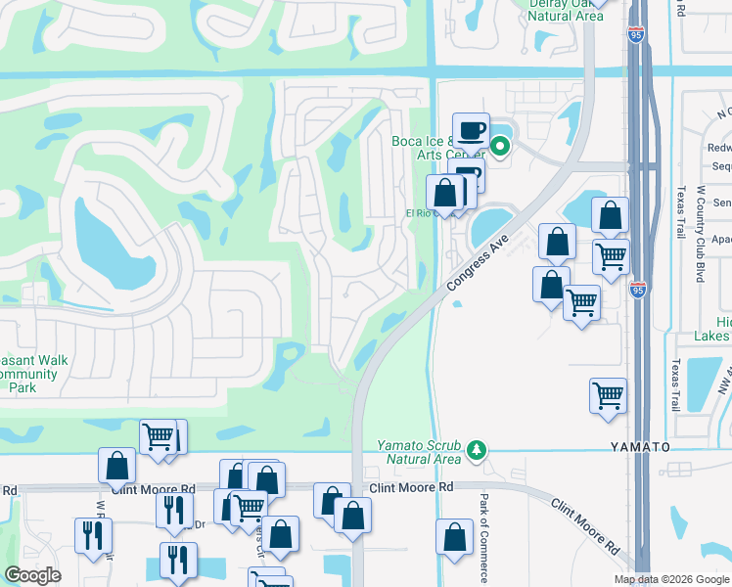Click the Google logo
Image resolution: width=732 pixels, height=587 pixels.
point(33,574)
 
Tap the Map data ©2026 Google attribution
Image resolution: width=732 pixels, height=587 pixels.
point(671,579)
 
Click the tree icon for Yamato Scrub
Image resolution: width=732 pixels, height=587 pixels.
point(477,450)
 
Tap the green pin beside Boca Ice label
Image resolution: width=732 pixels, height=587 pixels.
point(500,149)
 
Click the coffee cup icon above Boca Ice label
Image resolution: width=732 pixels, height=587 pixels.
point(471,129)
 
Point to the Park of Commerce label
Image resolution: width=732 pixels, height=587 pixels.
point(483,536)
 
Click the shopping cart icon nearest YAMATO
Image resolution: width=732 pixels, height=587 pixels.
point(608,395)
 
